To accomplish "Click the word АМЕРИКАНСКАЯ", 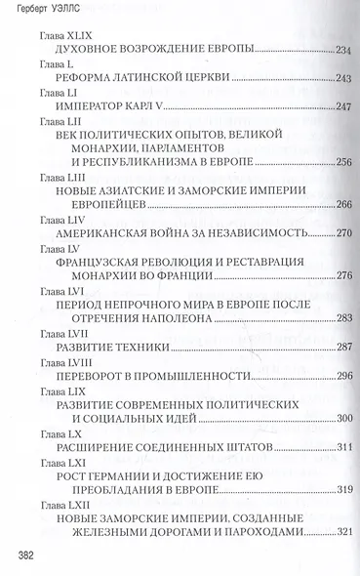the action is pos(105,235).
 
